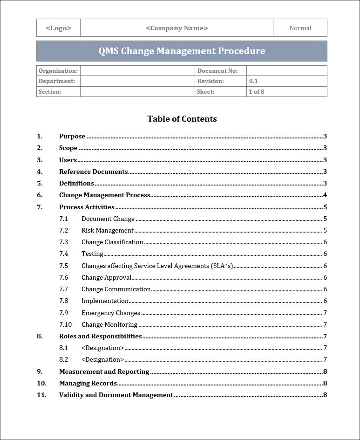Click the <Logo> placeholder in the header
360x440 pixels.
(x=58, y=28)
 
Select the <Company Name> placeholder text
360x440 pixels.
(x=177, y=28)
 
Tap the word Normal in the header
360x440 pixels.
(x=300, y=28)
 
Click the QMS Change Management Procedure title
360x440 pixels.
(x=182, y=51)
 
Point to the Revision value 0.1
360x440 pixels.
(x=253, y=81)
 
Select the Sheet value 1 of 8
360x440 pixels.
(x=256, y=92)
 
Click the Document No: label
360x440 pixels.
(x=217, y=71)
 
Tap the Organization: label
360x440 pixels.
(x=58, y=71)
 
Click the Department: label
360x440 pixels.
(x=56, y=81)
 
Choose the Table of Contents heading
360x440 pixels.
(x=182, y=119)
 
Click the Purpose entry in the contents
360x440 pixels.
(x=72, y=137)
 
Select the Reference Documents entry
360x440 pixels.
(x=93, y=172)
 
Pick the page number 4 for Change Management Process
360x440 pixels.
(x=325, y=195)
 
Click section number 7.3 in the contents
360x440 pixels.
(x=63, y=242)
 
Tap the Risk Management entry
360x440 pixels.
(x=107, y=230)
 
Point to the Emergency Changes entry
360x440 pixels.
(x=111, y=313)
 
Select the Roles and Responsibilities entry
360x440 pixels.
(x=100, y=337)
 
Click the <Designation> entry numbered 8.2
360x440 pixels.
(x=102, y=360)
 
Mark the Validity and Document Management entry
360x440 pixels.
(x=116, y=395)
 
